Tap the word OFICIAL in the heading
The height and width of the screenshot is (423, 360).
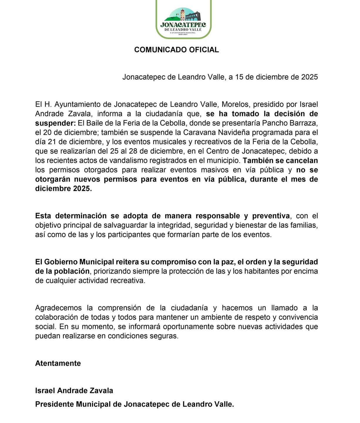204,50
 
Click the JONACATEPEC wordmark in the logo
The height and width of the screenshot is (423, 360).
183,25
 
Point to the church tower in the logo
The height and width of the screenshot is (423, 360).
182,14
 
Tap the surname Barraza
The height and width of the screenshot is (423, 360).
304,123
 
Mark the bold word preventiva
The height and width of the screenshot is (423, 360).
270,216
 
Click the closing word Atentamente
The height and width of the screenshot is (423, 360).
58,363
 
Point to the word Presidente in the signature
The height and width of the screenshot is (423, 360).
54,404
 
